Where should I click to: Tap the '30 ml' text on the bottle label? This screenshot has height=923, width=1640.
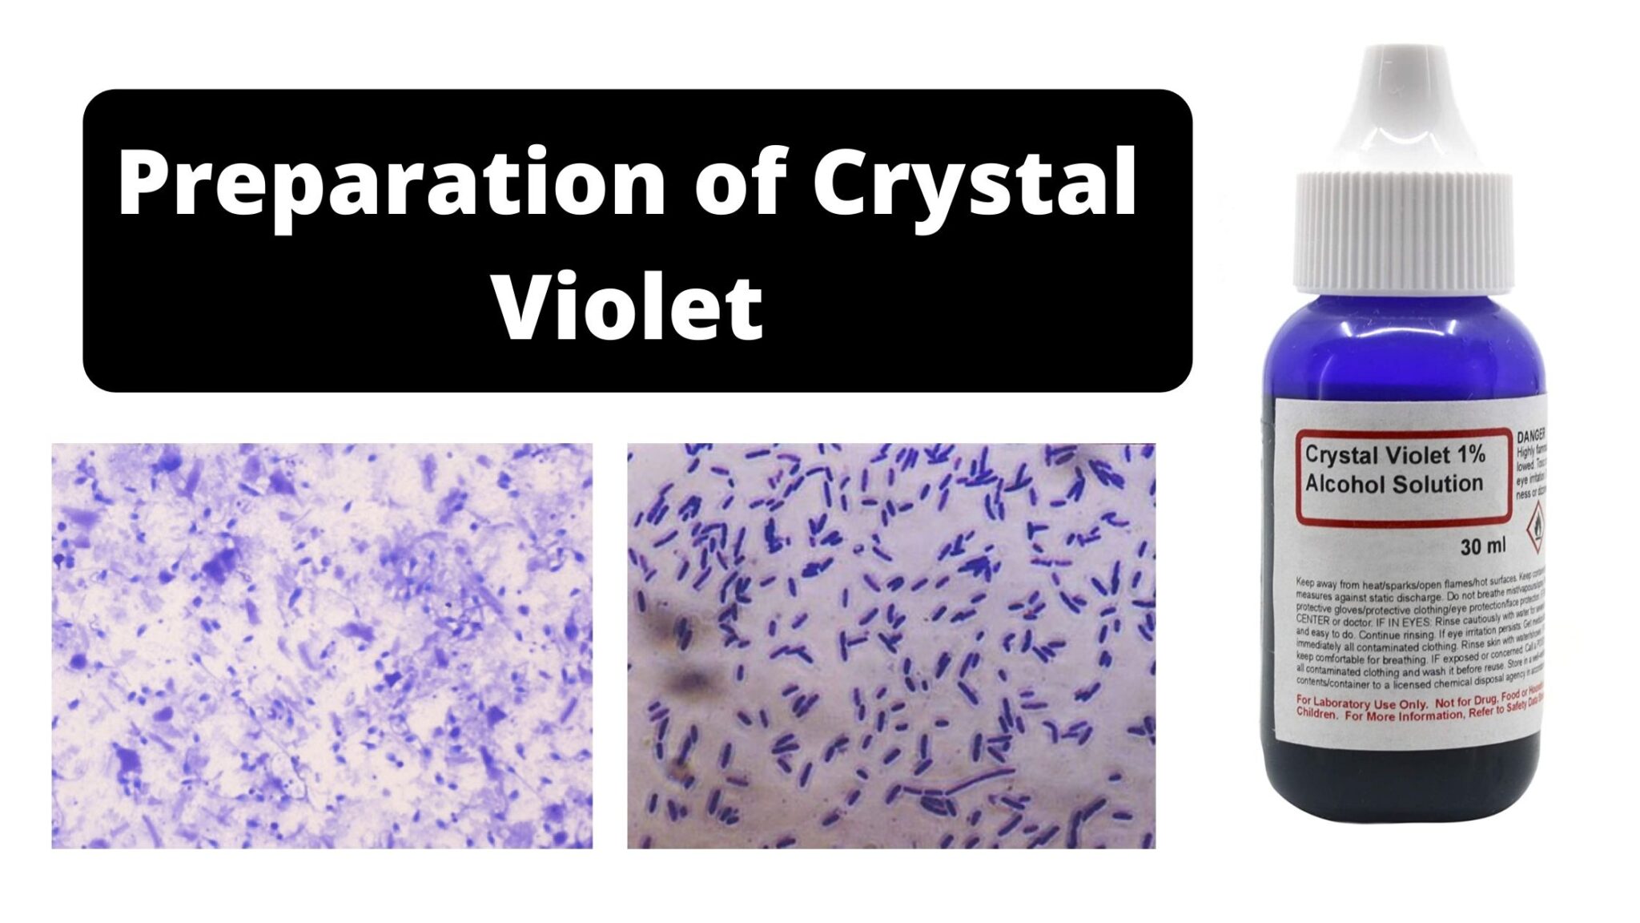coord(1482,546)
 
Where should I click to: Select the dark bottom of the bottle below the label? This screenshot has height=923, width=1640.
coord(1401,781)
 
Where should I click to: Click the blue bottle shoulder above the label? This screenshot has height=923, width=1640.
coord(1401,345)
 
